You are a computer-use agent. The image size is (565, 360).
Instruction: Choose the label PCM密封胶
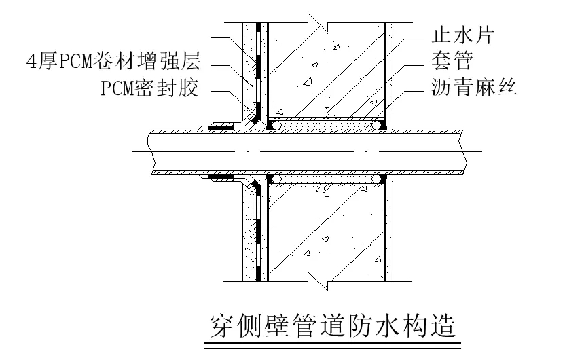[x=150, y=89]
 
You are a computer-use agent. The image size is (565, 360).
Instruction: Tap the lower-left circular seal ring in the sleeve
[x=275, y=179]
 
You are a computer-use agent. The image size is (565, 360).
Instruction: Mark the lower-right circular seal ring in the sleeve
[x=377, y=179]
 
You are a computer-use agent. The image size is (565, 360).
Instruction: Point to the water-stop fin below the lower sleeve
[x=326, y=193]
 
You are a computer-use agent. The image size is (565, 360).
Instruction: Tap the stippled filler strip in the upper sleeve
[x=326, y=126]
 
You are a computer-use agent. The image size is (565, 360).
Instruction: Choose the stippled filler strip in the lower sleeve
[x=326, y=179]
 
